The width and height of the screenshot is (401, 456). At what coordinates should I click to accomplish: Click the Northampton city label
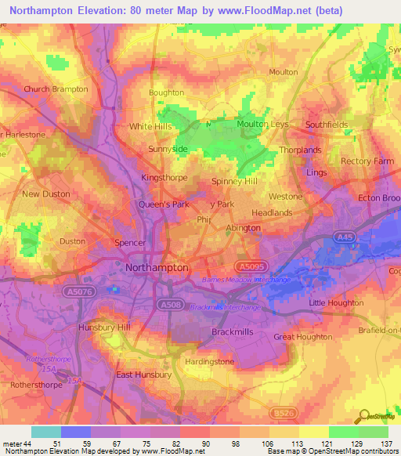157,267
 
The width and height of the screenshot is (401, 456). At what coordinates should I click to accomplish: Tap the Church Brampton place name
56,89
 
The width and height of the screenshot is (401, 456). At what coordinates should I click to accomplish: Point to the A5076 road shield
77,291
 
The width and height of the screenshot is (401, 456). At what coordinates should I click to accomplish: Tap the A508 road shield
168,304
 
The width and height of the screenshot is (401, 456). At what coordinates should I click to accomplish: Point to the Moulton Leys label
264,124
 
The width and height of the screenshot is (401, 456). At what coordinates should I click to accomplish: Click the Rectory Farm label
367,161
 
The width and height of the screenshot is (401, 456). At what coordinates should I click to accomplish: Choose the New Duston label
46,194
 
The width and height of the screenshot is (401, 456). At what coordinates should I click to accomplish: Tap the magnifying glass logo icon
363,415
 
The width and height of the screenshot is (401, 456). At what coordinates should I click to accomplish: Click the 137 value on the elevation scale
385,444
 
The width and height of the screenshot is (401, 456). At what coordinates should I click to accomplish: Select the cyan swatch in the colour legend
46,432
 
